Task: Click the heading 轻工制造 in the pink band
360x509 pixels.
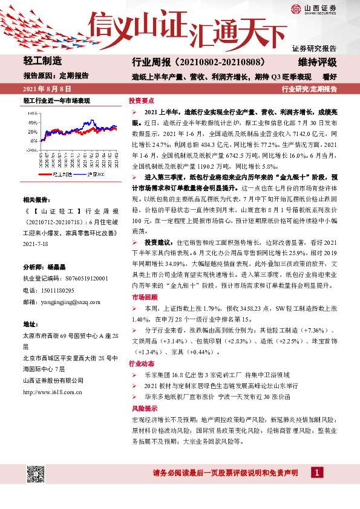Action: (42, 62)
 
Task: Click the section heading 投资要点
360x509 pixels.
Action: (143, 100)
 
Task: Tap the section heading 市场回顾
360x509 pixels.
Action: (143, 298)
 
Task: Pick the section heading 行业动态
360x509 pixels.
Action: (143, 365)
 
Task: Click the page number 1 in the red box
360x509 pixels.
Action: (315, 473)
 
